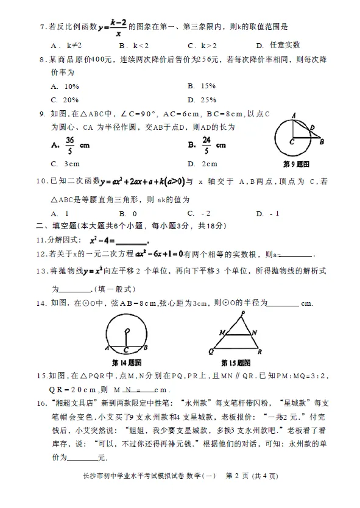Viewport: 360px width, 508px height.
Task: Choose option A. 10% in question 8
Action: [x=65, y=86]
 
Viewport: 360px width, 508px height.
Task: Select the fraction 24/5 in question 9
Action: [x=208, y=145]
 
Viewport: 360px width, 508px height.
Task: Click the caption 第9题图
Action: [x=297, y=164]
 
